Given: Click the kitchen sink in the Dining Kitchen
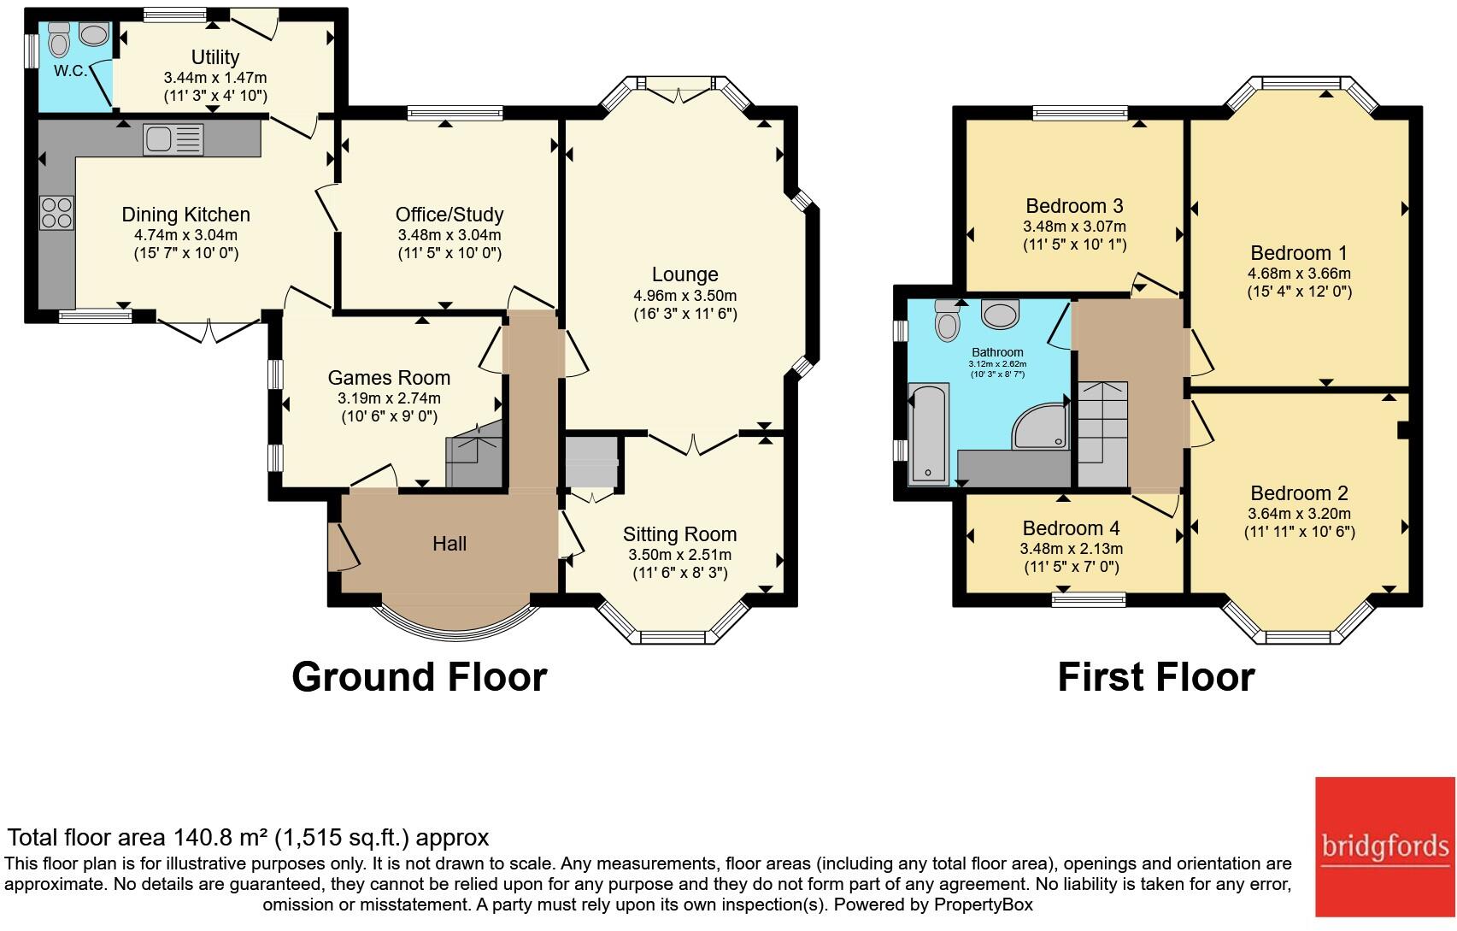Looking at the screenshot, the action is (x=173, y=139).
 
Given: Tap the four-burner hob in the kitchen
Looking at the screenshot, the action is (x=56, y=214).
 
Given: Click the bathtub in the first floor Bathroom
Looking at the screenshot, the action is (x=928, y=434).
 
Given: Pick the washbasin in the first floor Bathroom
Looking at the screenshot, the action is (x=1000, y=315).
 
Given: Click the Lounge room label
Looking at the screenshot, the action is (x=685, y=274).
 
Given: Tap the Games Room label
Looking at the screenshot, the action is (x=389, y=377).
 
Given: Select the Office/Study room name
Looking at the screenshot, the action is (x=449, y=214).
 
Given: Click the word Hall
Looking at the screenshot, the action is (x=449, y=543).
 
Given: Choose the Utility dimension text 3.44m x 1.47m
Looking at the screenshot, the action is (x=215, y=78).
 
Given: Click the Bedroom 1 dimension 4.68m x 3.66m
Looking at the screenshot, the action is (x=1299, y=274).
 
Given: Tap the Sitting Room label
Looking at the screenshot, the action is (x=679, y=534).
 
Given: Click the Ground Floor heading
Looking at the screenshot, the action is (x=420, y=677).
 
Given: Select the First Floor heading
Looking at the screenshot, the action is (x=1156, y=677).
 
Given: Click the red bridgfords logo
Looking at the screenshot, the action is (x=1385, y=846).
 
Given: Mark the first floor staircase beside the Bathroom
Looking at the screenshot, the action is (x=1103, y=434).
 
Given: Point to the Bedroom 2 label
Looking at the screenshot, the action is (x=1299, y=492).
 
